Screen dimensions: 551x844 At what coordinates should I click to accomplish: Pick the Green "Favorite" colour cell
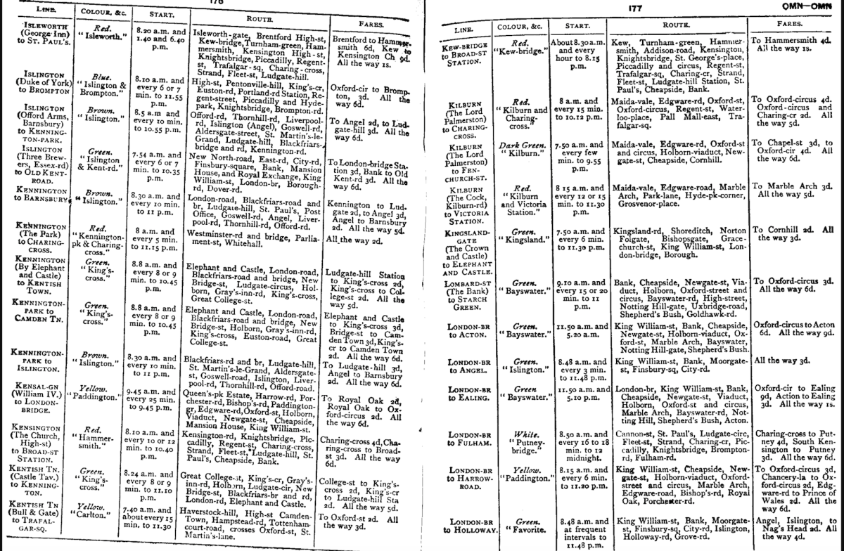pos(521,524)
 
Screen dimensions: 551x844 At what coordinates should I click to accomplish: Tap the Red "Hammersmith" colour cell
pos(96,442)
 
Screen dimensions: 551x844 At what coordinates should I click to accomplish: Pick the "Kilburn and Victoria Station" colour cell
pos(520,197)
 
